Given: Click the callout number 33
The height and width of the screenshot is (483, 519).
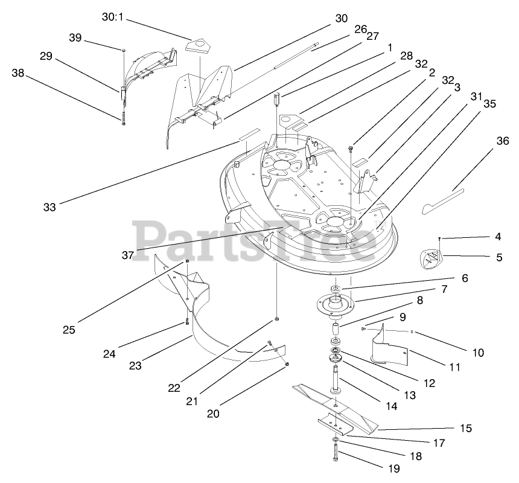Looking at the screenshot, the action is [x=49, y=207].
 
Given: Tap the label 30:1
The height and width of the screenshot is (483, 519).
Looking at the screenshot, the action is [x=112, y=17].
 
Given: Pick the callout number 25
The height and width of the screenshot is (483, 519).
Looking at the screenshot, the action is [x=68, y=330].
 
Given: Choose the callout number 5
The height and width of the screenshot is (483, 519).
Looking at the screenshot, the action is [x=499, y=257].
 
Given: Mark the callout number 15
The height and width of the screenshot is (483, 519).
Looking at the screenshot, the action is [x=465, y=428].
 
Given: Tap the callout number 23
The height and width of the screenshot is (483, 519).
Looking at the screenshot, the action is [x=135, y=365].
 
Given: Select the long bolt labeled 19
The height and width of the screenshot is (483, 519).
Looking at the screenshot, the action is [x=335, y=450].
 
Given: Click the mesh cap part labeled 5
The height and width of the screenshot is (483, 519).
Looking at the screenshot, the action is [x=429, y=260].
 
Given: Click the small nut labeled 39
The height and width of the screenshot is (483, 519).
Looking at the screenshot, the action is [x=124, y=51].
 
